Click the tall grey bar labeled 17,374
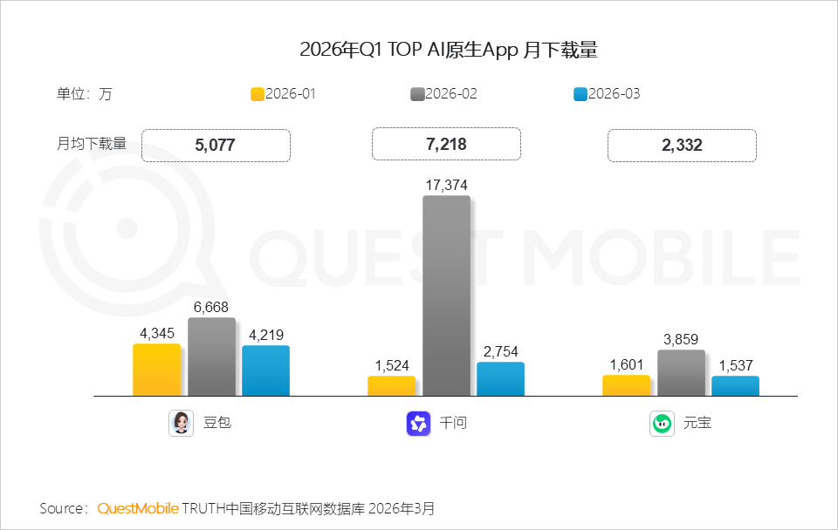point(446,296)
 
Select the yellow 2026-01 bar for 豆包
point(157,370)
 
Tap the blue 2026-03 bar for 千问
point(500,379)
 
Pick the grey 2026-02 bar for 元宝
point(681,373)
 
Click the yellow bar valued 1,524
point(391,386)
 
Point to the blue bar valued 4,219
point(265,370)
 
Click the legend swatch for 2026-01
point(258,94)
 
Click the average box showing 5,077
point(215,145)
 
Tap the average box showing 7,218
point(446,145)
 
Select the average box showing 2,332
point(682,145)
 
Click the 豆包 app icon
point(181,424)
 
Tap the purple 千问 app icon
point(418,424)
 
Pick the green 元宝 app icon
point(662,424)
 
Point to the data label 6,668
point(211,307)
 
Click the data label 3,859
point(681,339)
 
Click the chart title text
point(448,50)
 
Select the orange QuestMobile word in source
point(138,507)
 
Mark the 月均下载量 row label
point(92,144)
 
